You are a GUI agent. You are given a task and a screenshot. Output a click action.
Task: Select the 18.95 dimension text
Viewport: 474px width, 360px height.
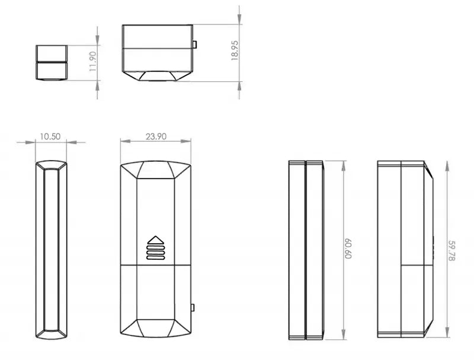click(x=235, y=50)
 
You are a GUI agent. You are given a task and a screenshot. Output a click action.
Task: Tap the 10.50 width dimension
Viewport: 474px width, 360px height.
click(x=50, y=136)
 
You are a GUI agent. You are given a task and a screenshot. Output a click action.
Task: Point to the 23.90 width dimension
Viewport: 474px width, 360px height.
click(x=155, y=136)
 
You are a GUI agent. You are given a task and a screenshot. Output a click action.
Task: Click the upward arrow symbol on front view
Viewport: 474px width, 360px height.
click(x=155, y=241)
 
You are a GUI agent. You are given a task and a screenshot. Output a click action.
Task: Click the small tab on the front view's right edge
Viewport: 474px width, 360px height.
click(x=193, y=307)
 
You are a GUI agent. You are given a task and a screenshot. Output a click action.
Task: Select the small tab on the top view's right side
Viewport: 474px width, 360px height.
click(x=194, y=44)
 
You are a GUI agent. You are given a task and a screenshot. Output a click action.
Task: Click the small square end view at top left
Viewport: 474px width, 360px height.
click(x=51, y=62)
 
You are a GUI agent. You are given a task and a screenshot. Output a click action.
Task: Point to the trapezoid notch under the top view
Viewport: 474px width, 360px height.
click(x=156, y=76)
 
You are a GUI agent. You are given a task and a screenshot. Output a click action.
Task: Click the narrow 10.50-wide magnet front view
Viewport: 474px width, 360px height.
click(x=51, y=250)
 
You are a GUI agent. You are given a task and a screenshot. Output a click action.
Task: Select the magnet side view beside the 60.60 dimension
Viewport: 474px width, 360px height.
click(x=306, y=250)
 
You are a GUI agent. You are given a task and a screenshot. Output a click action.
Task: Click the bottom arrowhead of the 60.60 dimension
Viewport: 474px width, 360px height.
click(x=344, y=334)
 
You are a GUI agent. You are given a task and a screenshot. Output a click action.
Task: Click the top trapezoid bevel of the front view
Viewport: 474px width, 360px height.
click(x=155, y=170)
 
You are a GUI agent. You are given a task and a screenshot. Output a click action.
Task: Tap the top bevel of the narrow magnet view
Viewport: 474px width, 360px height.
click(x=51, y=164)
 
